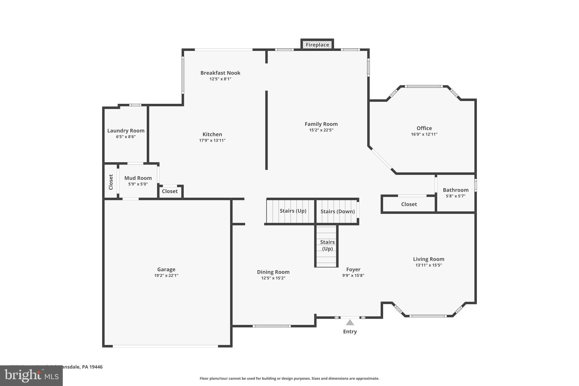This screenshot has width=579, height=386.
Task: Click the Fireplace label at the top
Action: point(317,45)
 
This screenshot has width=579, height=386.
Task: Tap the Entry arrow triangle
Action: point(350,323)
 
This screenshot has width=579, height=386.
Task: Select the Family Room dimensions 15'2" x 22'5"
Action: point(321,130)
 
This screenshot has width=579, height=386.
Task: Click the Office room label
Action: point(424,128)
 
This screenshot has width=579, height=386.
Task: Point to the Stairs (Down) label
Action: point(337,212)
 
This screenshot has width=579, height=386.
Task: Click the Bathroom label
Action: point(455,190)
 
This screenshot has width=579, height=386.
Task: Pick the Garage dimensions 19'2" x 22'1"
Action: point(166,275)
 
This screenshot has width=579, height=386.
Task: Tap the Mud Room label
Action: point(138,178)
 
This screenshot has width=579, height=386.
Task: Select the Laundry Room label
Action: point(126,131)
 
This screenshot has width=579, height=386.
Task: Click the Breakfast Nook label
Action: point(220,73)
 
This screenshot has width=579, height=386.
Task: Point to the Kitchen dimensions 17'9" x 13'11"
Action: point(212,140)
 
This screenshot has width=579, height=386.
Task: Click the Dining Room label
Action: point(273,272)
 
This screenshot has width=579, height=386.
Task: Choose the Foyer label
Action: point(353,269)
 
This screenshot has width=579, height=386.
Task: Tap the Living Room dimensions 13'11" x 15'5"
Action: point(429,265)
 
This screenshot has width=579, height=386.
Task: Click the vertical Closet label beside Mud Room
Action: point(111,182)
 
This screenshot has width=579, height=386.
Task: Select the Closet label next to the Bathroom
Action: point(409,204)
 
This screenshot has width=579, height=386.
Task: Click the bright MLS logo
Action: point(31,376)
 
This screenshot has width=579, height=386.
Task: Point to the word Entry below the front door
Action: point(350,331)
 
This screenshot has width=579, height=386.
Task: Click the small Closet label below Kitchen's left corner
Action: point(170,191)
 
